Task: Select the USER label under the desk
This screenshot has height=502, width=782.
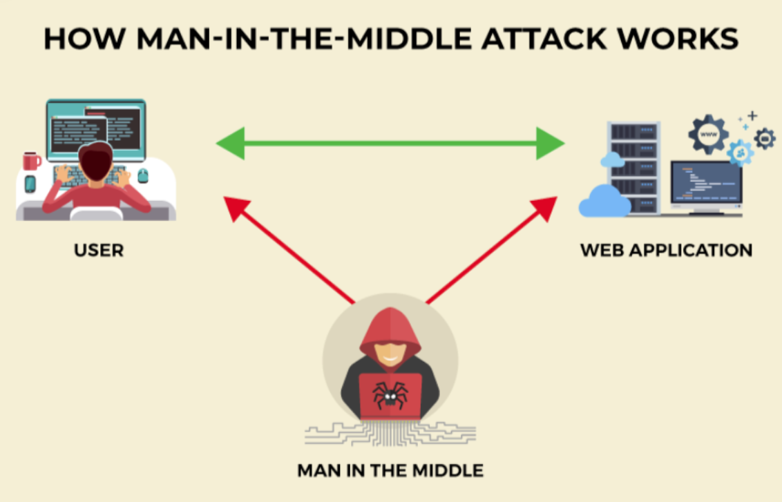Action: pos(99,250)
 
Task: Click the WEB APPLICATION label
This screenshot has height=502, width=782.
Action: pos(666,250)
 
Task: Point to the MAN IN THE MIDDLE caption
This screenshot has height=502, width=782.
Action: pos(390,471)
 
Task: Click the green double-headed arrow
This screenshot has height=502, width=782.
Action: pos(390,144)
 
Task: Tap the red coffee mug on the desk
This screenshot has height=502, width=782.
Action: pos(31,161)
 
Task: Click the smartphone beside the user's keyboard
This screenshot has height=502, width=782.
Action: pos(30,184)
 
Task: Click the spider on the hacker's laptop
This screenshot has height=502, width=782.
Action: pos(390,395)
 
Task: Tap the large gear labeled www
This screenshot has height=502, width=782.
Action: pos(708,133)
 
